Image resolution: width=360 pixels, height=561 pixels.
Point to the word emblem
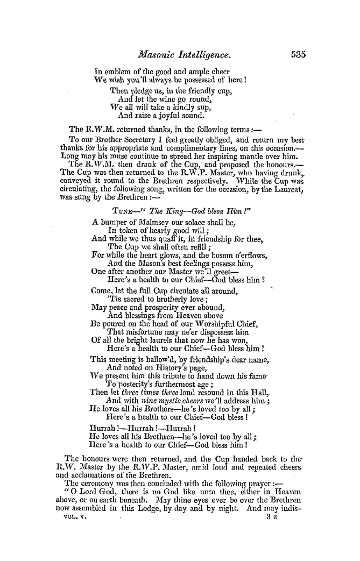[117, 71]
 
